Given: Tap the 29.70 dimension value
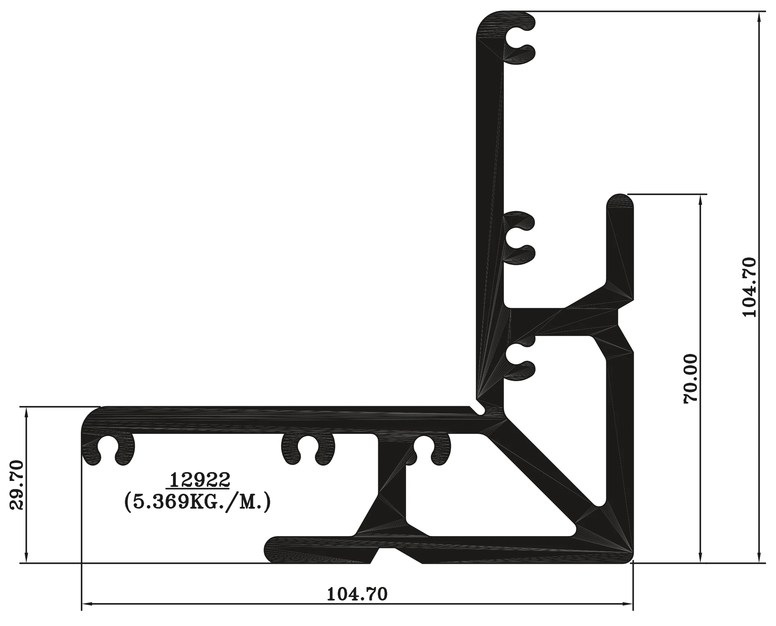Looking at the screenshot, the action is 17,485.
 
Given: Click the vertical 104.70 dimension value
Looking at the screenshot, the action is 749,287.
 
